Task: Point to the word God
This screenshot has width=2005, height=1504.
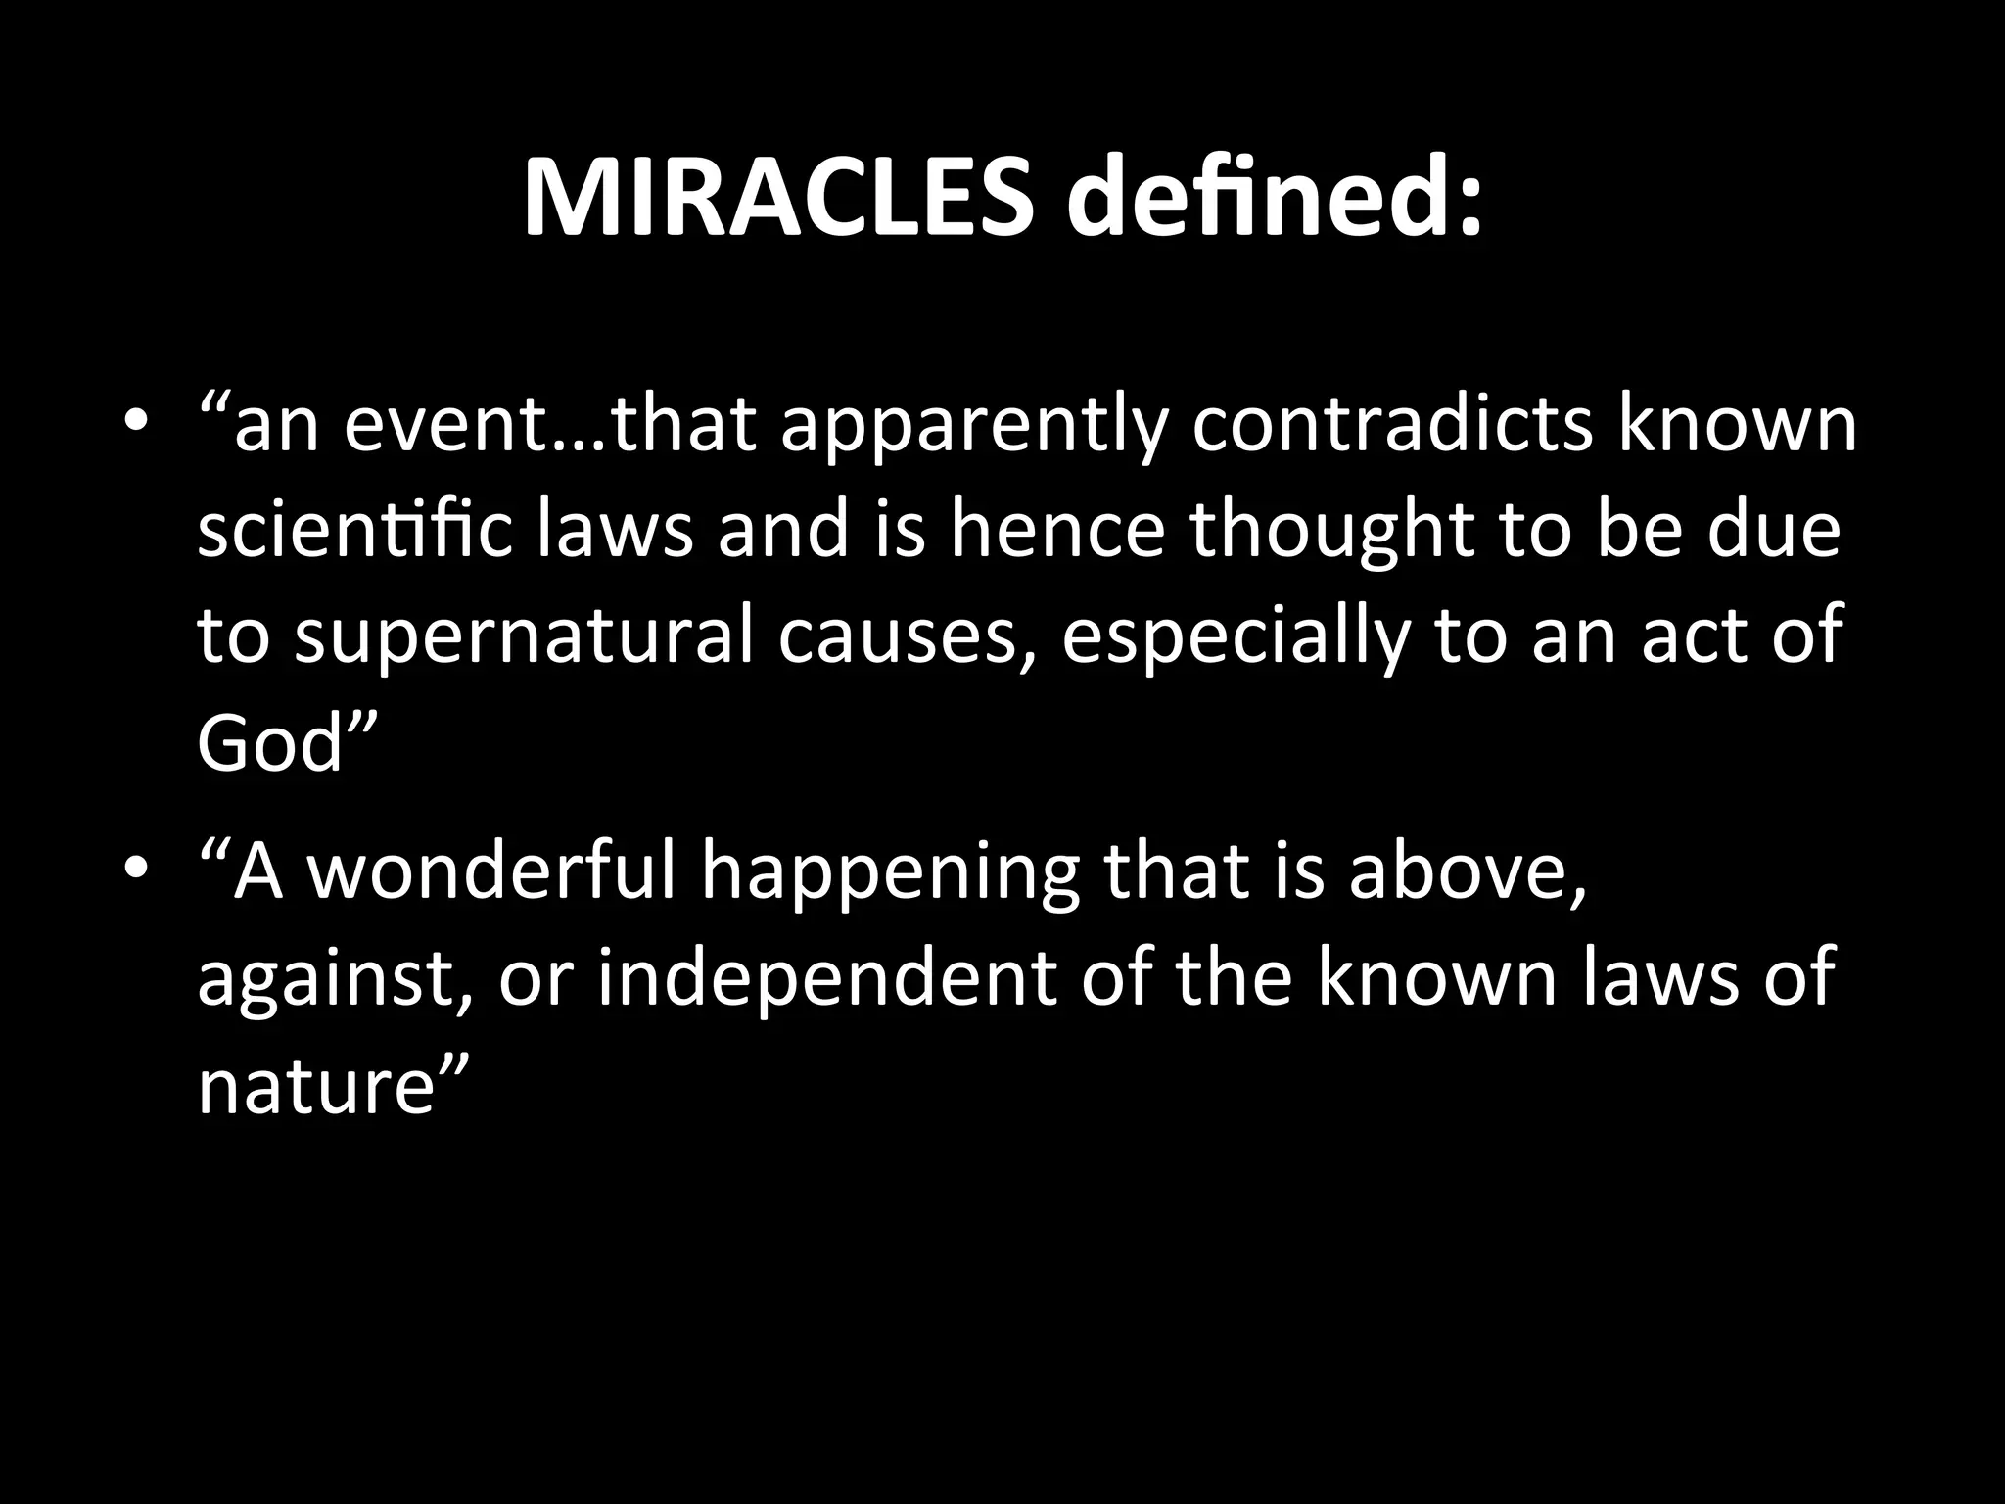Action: pos(271,744)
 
